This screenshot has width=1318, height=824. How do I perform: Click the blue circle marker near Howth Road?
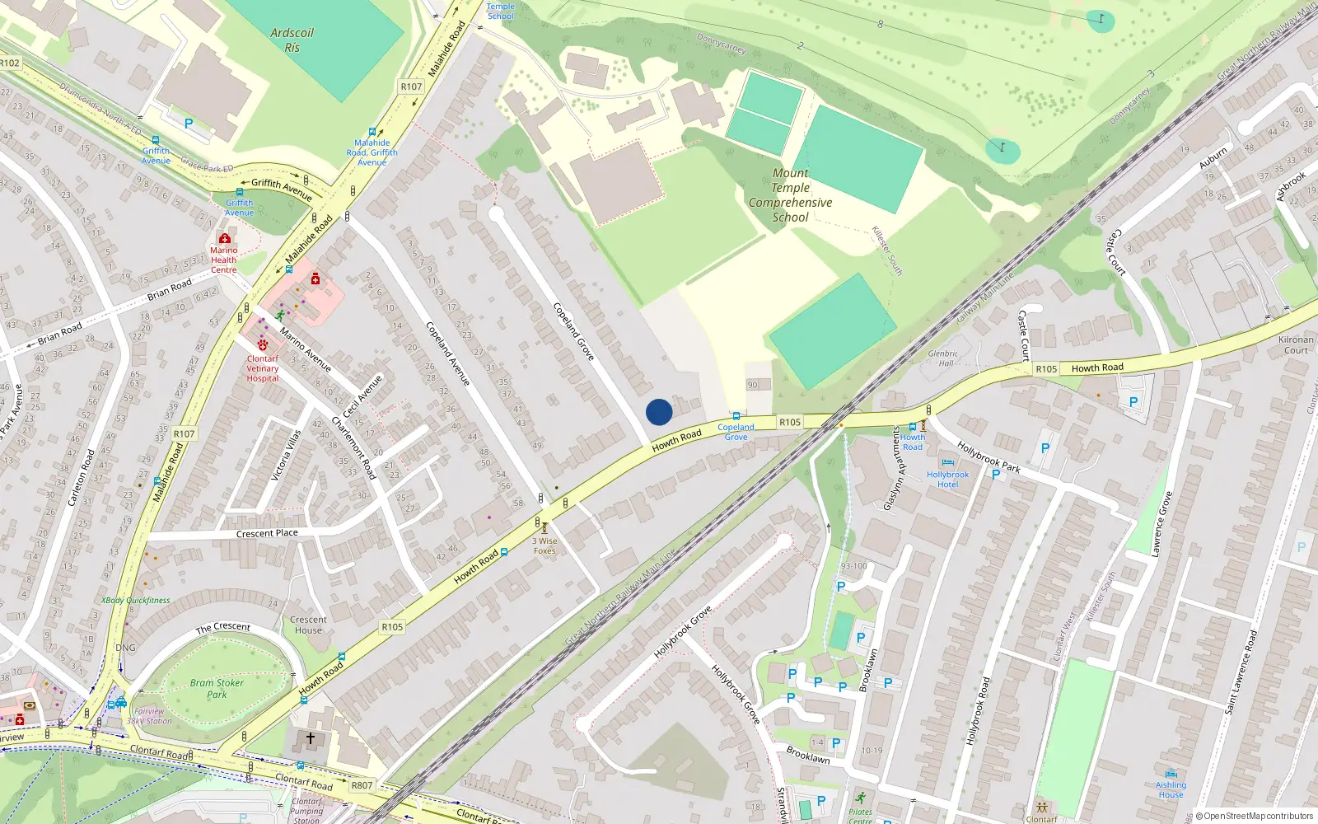(659, 412)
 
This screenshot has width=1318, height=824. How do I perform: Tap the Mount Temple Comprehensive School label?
(790, 195)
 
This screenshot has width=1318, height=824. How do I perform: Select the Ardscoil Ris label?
(292, 40)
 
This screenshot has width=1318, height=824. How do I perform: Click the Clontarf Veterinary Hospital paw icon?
(263, 345)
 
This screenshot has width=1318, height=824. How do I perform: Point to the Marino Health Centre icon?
(224, 238)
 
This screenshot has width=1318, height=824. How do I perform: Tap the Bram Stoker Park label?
(217, 688)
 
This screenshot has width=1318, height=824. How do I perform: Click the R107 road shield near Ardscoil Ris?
(411, 87)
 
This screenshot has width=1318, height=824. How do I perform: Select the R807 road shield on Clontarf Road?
(362, 785)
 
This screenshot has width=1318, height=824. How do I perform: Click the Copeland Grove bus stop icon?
(736, 416)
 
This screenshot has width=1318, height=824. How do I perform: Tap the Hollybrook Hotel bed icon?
(947, 463)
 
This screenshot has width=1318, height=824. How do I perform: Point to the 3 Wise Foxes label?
(544, 546)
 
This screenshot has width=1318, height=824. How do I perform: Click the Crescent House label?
(308, 625)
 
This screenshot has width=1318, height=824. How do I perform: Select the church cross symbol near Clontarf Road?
(311, 738)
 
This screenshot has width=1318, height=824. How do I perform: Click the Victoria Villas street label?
(286, 455)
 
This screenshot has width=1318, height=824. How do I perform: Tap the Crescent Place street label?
(267, 533)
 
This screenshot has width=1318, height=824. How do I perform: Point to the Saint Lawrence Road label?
(1241, 672)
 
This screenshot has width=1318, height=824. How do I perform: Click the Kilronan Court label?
(1296, 344)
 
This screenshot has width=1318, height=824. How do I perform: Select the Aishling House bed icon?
(1171, 774)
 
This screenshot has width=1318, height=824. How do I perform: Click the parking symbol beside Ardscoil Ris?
(189, 124)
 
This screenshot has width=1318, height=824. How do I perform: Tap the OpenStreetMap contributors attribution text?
(1255, 816)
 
